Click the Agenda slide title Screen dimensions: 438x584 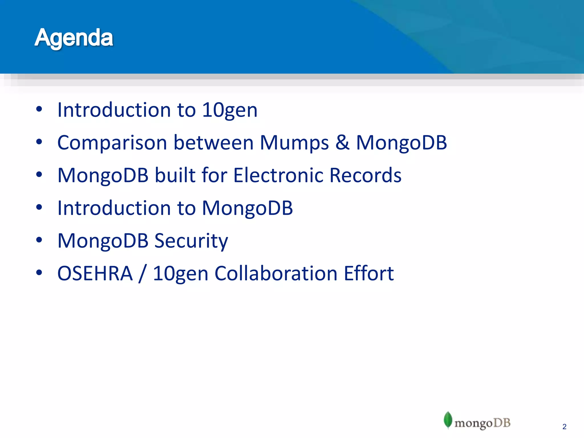(74, 38)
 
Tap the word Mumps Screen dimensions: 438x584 (294, 143)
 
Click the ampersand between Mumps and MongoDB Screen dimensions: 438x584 (342, 143)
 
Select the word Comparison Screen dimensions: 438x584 (112, 143)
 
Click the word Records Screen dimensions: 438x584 (365, 175)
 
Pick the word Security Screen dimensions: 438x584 (191, 241)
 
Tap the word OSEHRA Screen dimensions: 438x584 (95, 273)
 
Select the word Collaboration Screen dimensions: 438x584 (276, 273)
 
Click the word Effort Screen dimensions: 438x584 (369, 273)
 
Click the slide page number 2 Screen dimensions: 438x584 (564, 427)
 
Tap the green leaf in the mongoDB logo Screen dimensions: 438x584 (448, 420)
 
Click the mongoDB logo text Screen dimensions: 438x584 (482, 423)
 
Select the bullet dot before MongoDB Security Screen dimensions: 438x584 (39, 240)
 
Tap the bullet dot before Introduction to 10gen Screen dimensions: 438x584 (39, 109)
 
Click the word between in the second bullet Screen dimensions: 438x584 (214, 143)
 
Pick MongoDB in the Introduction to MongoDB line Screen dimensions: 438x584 (247, 208)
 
